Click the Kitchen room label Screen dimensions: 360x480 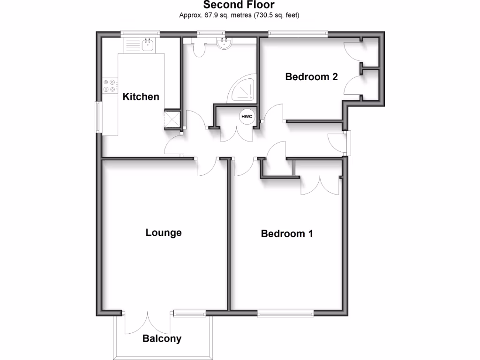[x=141, y=97]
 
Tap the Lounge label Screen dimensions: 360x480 [x=163, y=232]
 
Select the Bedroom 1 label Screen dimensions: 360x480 [x=286, y=233]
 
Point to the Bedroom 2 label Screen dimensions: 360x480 [x=311, y=77]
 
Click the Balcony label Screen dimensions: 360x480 [x=162, y=338]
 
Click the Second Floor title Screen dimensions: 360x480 [x=239, y=5]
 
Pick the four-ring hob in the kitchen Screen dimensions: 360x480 [x=109, y=85]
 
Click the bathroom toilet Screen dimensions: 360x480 [x=199, y=48]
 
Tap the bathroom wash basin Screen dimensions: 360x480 [x=224, y=44]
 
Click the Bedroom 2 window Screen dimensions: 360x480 [x=298, y=33]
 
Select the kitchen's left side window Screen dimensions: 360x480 [x=98, y=117]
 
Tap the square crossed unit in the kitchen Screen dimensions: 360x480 [x=172, y=119]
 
